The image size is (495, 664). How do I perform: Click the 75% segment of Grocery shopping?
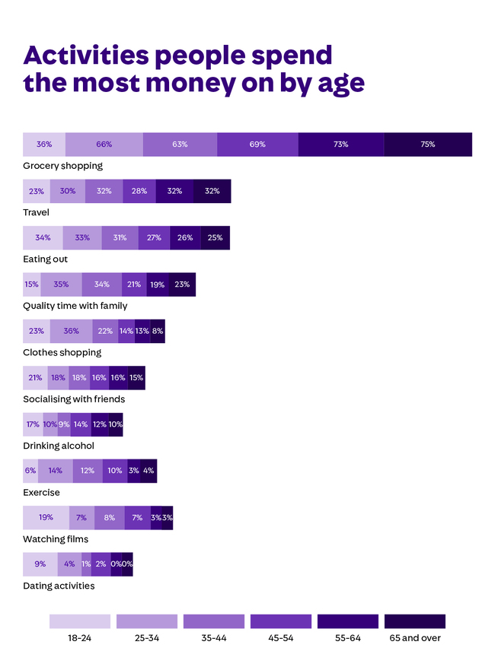tap(427, 145)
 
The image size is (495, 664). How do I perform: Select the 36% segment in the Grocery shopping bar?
tap(44, 145)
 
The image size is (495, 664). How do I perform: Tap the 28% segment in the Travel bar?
tap(139, 191)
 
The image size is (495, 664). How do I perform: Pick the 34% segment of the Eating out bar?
tap(43, 237)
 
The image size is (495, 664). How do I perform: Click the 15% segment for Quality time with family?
tap(31, 284)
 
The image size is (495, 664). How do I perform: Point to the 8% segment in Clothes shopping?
tap(158, 331)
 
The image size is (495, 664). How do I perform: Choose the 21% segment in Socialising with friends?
tap(35, 378)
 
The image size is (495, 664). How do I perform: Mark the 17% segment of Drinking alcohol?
tap(33, 424)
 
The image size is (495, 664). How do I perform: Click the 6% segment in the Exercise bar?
tap(30, 471)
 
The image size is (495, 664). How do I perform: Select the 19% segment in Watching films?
tap(46, 518)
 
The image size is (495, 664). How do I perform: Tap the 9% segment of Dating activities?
tap(40, 564)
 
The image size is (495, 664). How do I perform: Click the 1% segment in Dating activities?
tap(86, 564)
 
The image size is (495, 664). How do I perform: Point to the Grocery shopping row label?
tap(62, 166)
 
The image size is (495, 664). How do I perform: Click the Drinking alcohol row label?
tap(59, 446)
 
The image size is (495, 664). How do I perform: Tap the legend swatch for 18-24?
tap(80, 621)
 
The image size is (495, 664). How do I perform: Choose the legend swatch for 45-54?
tap(281, 621)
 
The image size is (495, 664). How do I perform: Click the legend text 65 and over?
tap(415, 638)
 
